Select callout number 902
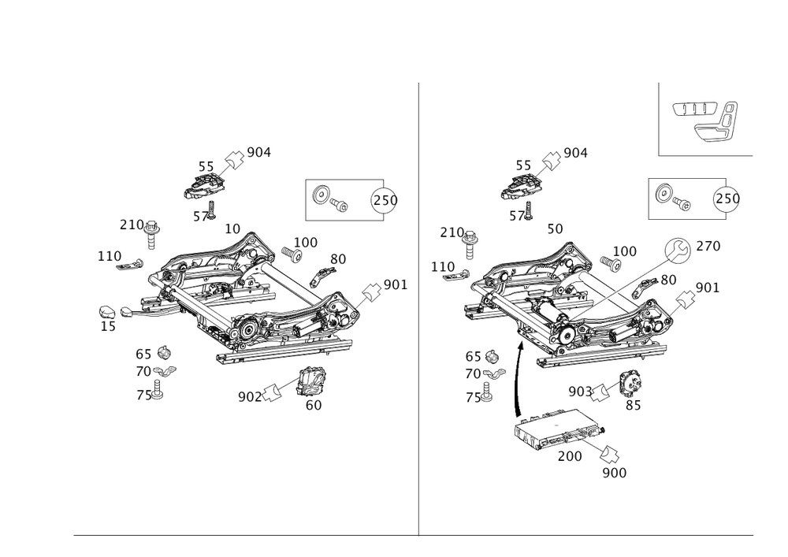click(246, 397)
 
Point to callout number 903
click(578, 391)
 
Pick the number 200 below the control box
click(569, 456)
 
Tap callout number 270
click(708, 247)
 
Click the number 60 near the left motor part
click(314, 405)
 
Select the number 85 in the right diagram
click(633, 406)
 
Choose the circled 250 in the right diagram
click(726, 199)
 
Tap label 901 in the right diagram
click(708, 288)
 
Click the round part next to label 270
click(676, 251)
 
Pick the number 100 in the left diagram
click(305, 242)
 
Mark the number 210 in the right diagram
click(452, 230)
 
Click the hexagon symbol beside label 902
click(272, 394)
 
